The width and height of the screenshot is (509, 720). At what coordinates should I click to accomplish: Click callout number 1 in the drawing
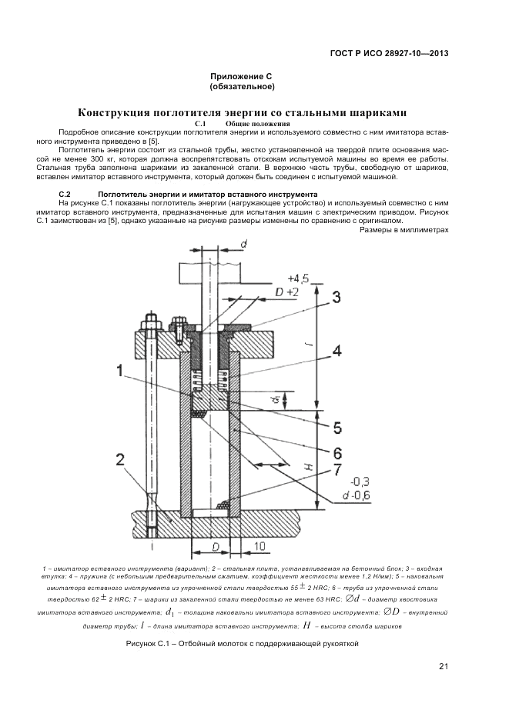tap(120, 371)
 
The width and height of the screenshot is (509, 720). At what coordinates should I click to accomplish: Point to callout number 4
tap(336, 352)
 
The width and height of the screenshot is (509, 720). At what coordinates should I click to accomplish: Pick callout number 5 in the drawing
tap(336, 425)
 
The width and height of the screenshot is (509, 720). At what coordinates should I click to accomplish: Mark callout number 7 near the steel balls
tap(336, 469)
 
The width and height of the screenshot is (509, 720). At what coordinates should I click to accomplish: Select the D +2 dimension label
tap(287, 293)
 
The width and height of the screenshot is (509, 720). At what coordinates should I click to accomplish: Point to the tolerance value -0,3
tap(338, 482)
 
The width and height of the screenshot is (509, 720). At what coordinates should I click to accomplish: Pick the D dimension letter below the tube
tap(216, 545)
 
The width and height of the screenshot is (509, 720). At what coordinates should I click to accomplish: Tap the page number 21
tap(443, 666)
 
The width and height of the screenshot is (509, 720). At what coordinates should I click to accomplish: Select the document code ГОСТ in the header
tap(343, 54)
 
